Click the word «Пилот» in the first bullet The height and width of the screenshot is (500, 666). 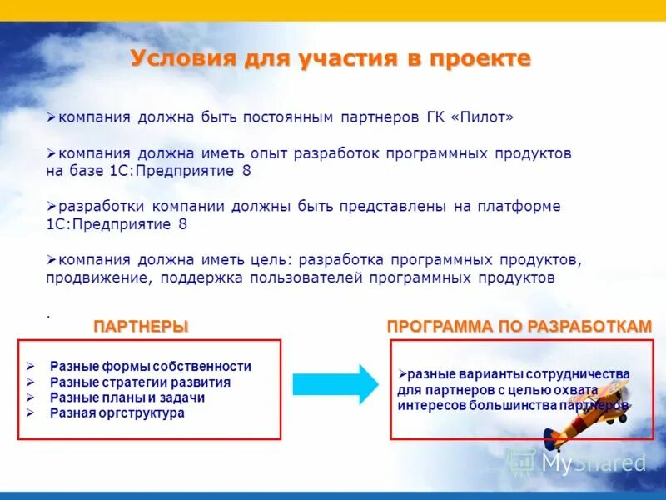point(482,117)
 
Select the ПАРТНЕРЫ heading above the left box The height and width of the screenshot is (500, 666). point(140,327)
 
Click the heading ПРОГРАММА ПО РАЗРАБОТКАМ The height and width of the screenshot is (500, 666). point(519,327)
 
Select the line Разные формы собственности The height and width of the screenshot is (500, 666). point(150,366)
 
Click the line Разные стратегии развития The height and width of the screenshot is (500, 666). point(140,382)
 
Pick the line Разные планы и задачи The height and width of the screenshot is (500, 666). point(127,397)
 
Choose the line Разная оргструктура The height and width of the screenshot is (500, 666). point(117,412)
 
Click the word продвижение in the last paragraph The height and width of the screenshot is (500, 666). point(94,277)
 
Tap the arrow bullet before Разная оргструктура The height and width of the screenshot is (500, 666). point(30,412)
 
